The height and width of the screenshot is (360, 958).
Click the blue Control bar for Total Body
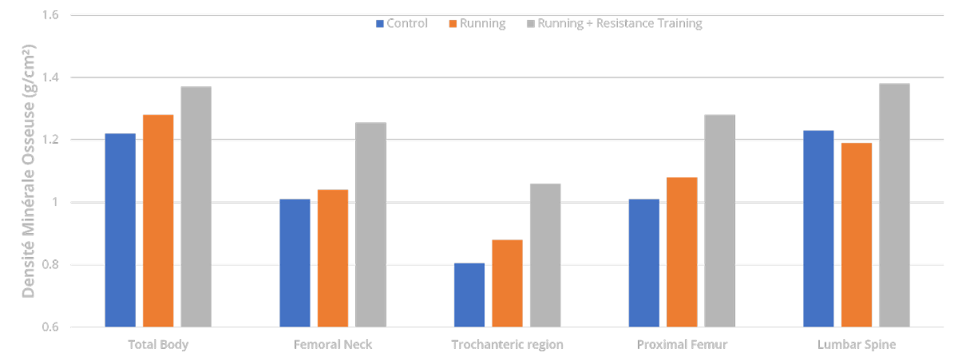click(121, 230)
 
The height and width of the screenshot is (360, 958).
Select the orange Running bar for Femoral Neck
click(333, 259)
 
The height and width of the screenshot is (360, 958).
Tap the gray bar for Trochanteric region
click(545, 255)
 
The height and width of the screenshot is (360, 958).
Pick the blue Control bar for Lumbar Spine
click(818, 229)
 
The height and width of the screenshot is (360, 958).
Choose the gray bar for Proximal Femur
click(720, 220)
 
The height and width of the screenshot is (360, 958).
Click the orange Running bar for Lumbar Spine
click(857, 235)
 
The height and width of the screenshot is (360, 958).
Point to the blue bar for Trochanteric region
click(469, 295)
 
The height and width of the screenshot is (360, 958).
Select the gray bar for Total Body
click(196, 207)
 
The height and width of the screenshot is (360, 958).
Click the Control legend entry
click(402, 23)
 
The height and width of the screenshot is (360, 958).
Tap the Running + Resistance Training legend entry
click(615, 23)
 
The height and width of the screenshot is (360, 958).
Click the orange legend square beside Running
click(453, 24)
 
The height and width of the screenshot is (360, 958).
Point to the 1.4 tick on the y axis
click(50, 77)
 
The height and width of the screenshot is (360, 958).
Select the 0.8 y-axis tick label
click(50, 265)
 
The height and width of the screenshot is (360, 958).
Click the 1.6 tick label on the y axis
click(50, 15)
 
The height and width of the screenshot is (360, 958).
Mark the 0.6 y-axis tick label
click(50, 327)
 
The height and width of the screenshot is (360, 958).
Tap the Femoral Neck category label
click(333, 345)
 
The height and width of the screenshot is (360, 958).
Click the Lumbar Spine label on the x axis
click(857, 345)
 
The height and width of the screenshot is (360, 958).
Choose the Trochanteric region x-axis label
click(507, 345)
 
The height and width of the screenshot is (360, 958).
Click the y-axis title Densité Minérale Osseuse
click(28, 171)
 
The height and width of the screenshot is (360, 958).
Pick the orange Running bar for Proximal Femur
click(682, 252)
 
